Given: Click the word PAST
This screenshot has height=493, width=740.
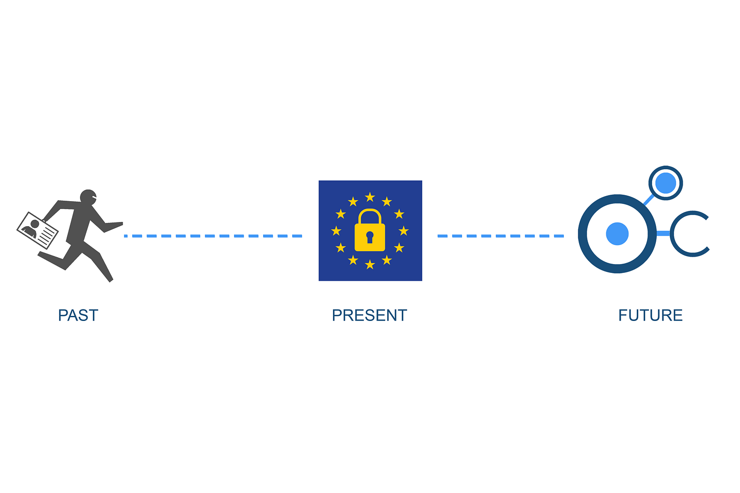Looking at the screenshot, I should coord(78,315).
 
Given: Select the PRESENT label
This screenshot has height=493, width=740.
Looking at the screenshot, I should coord(369,315).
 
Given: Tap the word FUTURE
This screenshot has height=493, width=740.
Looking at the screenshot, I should coord(650,315).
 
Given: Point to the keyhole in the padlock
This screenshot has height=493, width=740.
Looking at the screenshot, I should coord(370,237).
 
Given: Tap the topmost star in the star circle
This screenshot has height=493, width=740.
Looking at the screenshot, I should coord(370,197).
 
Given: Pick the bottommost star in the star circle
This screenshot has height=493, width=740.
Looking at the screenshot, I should coord(370,265).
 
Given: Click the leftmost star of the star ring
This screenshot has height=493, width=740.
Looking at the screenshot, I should coord(336,231).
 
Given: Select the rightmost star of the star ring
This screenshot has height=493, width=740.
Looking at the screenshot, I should coord(404,231).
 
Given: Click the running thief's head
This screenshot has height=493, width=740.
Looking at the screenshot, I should coord(88,197).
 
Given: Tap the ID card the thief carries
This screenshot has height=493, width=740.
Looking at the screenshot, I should coord(37,230).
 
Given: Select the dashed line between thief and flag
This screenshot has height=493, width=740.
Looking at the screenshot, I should coord(213,236).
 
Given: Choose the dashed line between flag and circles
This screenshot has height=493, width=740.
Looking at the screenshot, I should coord(500,236).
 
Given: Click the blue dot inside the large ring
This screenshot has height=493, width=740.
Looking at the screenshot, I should coord(617,234).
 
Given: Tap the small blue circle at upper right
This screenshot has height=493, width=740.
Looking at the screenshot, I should coord(666,183).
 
